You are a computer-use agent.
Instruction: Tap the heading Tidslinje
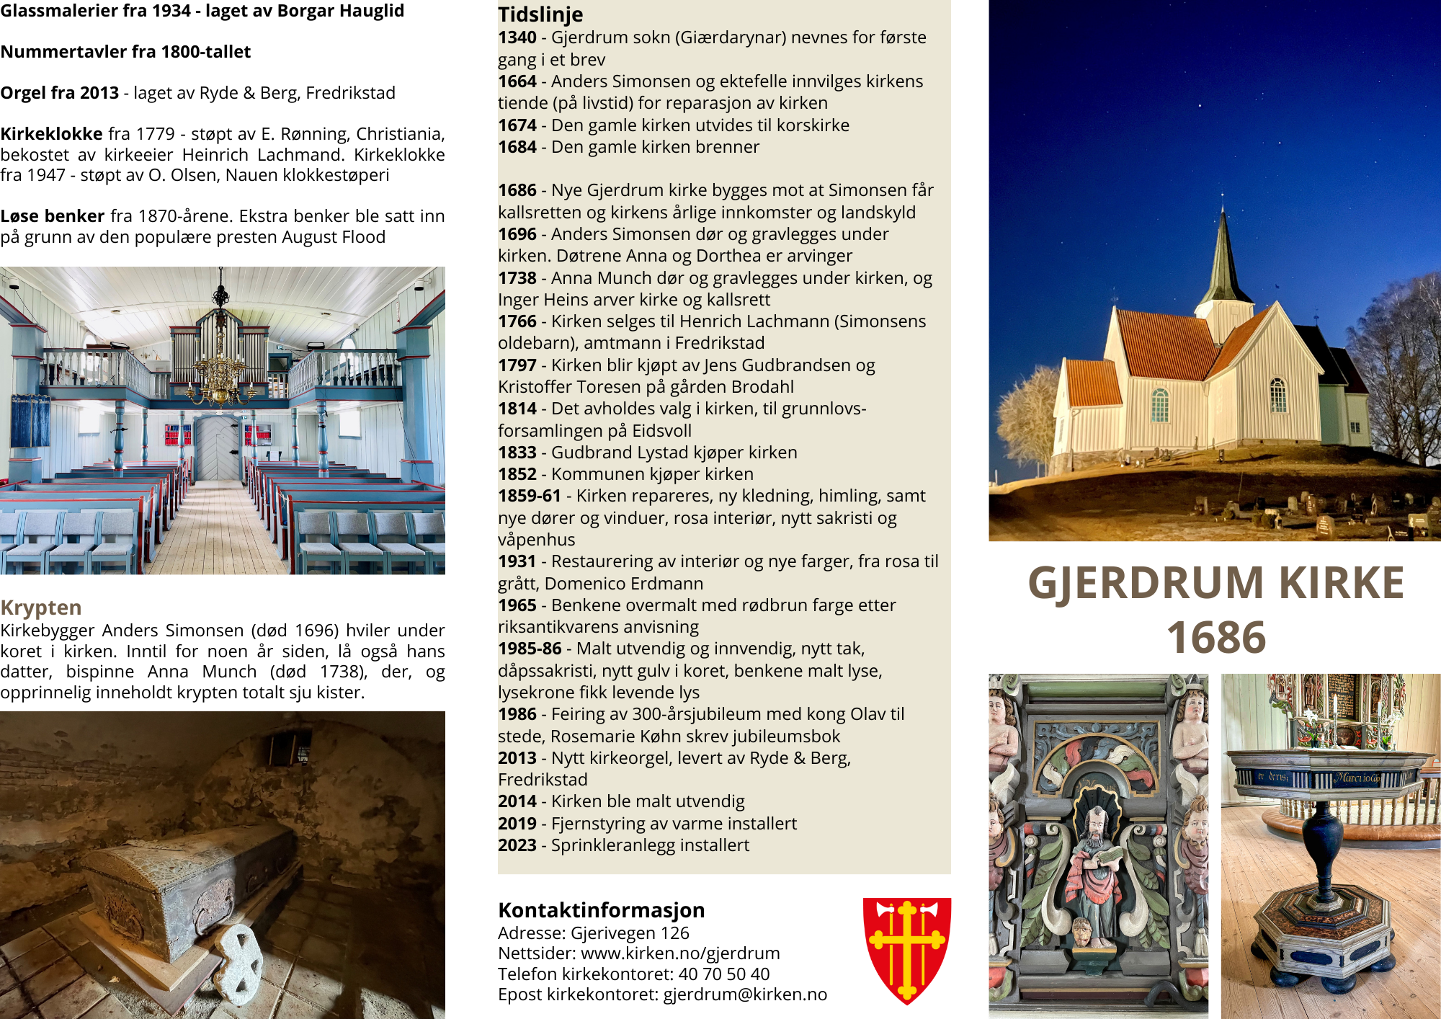pos(540,14)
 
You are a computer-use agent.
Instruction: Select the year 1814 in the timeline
pos(517,409)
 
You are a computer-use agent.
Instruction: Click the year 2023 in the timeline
pos(517,845)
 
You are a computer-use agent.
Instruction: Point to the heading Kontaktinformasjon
pos(601,910)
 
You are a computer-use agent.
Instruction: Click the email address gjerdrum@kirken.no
pos(745,994)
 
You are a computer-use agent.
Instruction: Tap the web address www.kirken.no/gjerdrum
pos(680,953)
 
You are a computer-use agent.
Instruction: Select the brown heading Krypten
pos(40,608)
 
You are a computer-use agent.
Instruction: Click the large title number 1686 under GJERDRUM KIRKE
pos(1215,638)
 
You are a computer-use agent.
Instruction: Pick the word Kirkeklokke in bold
pos(51,134)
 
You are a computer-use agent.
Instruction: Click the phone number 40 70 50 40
pos(723,974)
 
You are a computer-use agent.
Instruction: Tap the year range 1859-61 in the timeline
pos(529,496)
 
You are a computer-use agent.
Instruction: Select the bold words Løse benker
pos(53,216)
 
